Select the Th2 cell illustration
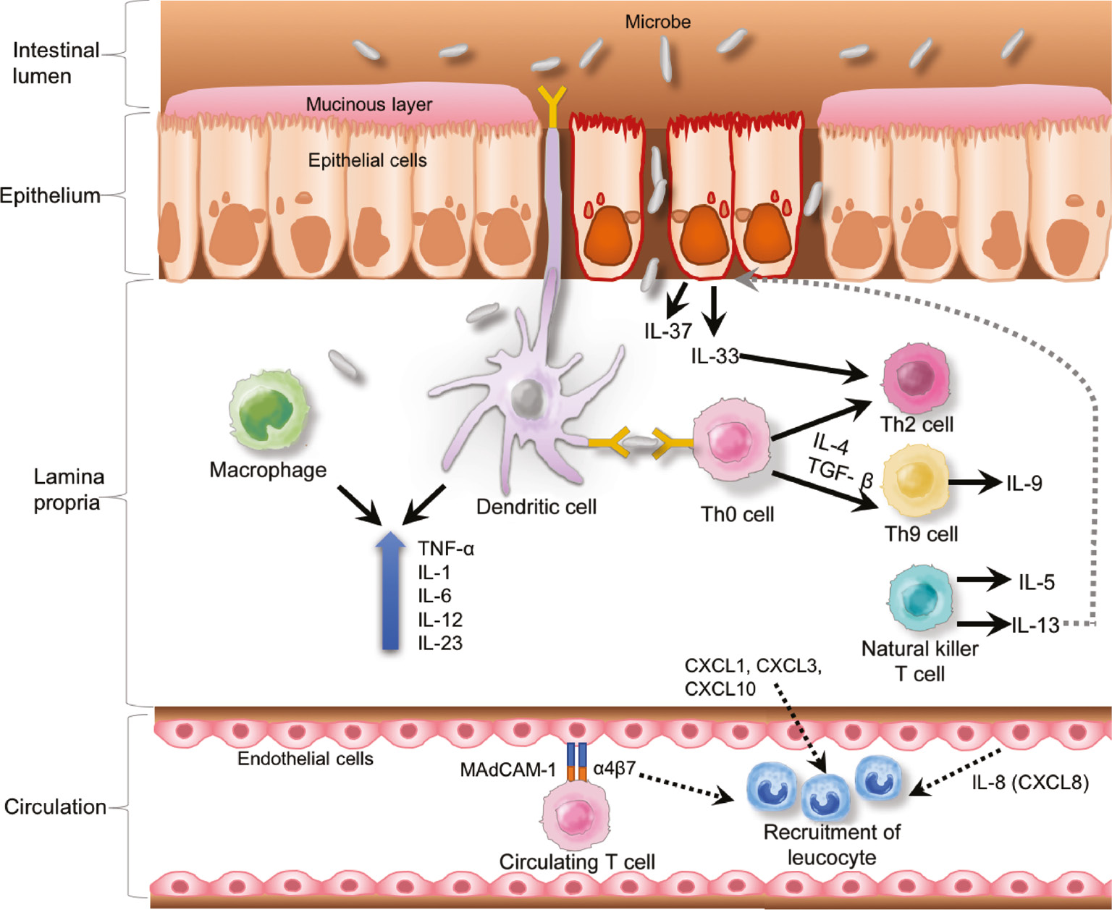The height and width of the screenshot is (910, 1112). pyautogui.click(x=915, y=379)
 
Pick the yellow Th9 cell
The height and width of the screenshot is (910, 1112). pyautogui.click(x=915, y=479)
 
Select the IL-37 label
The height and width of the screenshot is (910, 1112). pyautogui.click(x=667, y=332)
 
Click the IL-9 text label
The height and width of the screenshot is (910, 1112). pyautogui.click(x=1024, y=484)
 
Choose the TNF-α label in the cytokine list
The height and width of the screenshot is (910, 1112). pyautogui.click(x=445, y=549)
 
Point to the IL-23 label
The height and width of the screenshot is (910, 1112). pyautogui.click(x=439, y=643)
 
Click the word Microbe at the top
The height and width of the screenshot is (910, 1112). pyautogui.click(x=657, y=22)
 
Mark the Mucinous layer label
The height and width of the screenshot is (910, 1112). pyautogui.click(x=368, y=104)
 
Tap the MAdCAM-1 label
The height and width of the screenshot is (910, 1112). pyautogui.click(x=507, y=770)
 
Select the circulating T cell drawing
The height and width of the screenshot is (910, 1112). pyautogui.click(x=576, y=815)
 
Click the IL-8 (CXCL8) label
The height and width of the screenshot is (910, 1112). pyautogui.click(x=1029, y=783)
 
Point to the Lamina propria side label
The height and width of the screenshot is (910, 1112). pyautogui.click(x=68, y=489)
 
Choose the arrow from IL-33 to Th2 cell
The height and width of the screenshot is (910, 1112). pyautogui.click(x=804, y=366)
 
